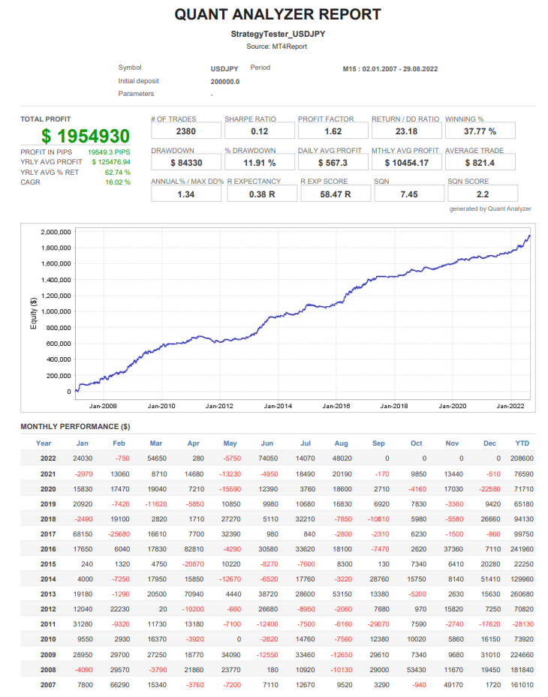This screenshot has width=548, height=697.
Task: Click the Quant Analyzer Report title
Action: tap(278, 14)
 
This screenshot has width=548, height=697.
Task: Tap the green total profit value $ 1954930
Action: tap(86, 137)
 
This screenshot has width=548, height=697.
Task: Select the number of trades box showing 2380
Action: tap(185, 131)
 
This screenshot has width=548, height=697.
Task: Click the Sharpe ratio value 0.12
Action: tap(259, 131)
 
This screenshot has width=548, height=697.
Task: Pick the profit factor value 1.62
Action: tap(333, 131)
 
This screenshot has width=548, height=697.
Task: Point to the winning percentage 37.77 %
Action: tap(480, 131)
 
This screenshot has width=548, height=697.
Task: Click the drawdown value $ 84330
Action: tap(185, 162)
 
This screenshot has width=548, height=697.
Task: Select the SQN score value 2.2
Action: tap(480, 194)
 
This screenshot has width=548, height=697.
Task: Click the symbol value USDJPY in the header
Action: tap(225, 69)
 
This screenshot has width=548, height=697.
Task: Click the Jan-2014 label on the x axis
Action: tap(279, 406)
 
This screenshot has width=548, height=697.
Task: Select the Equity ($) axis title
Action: tap(33, 311)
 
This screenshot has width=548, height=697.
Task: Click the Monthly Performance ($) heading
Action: tap(75, 427)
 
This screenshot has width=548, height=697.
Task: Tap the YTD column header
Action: tap(522, 443)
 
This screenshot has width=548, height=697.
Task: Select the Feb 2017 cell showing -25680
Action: tap(119, 533)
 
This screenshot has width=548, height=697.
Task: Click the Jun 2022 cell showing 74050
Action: tap(267, 458)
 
